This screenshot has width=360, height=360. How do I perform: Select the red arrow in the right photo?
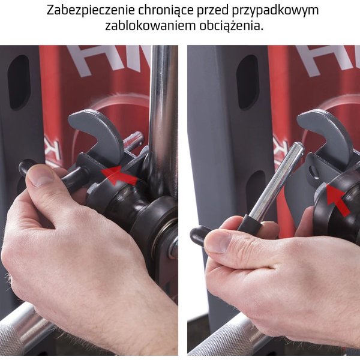(x=338, y=199)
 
